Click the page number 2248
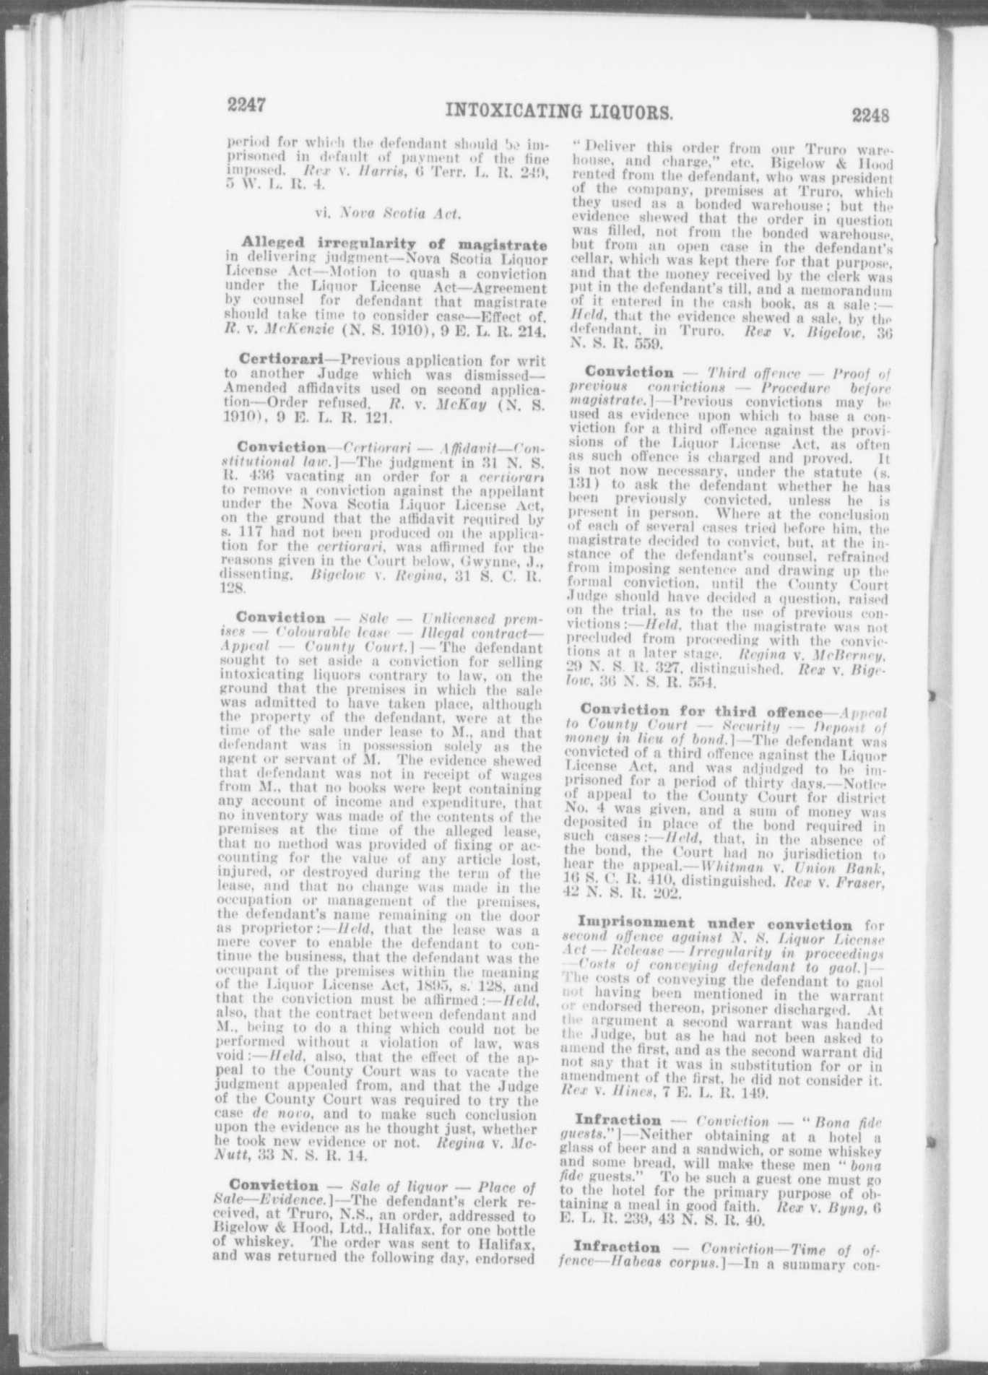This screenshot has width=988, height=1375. (x=870, y=116)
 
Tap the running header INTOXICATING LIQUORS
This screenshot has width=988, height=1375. (x=560, y=111)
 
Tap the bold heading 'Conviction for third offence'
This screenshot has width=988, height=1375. (x=701, y=711)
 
